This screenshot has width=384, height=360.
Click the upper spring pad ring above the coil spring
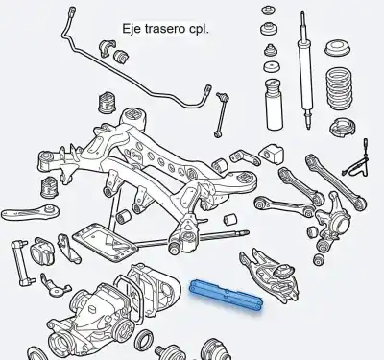pos(337,49)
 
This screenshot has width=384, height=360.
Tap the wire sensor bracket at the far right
pos(361,163)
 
